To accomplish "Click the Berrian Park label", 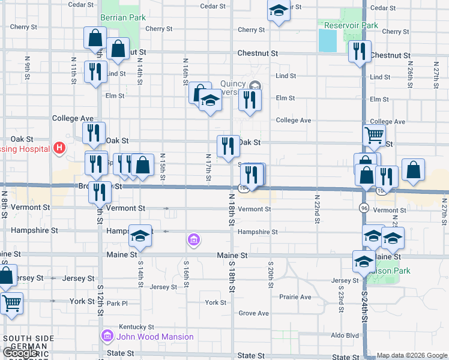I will [x=123, y=18].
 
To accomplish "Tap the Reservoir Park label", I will [x=351, y=26].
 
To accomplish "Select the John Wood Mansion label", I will [x=155, y=337].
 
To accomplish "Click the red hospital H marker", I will [x=59, y=147].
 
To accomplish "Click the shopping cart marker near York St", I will [x=12, y=303].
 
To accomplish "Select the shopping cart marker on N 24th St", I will [x=374, y=136].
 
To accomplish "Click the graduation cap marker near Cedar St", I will [x=278, y=11].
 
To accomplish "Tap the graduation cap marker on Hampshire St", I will [x=140, y=237].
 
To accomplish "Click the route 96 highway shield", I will [x=364, y=208].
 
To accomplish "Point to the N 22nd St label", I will [x=317, y=209].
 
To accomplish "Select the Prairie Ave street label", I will [x=295, y=297].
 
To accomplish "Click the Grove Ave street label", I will [x=253, y=313].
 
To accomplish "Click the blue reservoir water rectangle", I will [x=328, y=40].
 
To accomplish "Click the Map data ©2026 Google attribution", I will [x=412, y=355].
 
